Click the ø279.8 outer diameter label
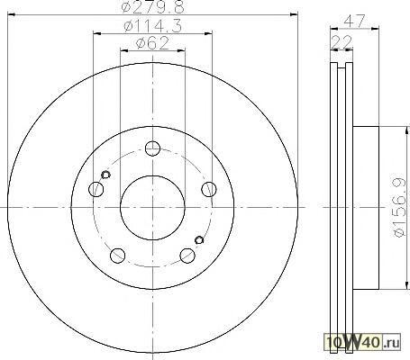152,7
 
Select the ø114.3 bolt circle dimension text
152,26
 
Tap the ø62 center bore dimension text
152,43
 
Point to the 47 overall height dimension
354,21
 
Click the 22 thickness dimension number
342,41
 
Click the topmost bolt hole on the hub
152,148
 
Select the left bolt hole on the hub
96,189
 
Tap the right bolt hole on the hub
209,189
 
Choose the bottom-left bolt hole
118,256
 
